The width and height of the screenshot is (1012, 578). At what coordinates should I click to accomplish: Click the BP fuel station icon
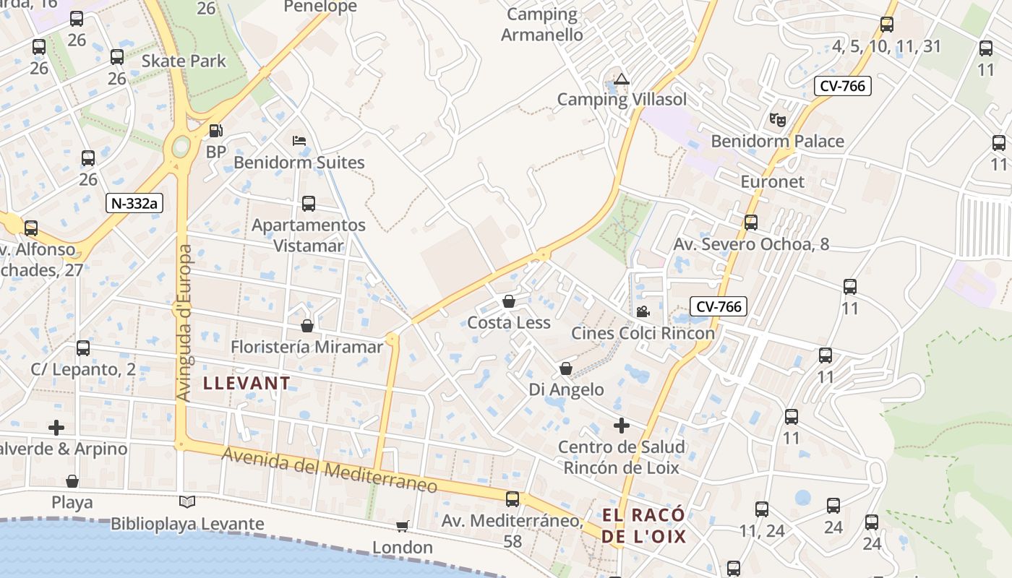pyautogui.click(x=215, y=131)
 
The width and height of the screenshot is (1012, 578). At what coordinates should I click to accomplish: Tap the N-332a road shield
pyautogui.click(x=134, y=203)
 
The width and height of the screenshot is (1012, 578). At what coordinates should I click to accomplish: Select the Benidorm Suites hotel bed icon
pyautogui.click(x=299, y=140)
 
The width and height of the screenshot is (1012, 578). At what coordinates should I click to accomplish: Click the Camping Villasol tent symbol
pyautogui.click(x=622, y=79)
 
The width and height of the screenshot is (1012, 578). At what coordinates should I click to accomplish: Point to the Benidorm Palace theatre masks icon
pyautogui.click(x=777, y=118)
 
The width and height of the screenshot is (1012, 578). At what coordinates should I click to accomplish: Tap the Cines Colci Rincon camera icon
pyautogui.click(x=642, y=311)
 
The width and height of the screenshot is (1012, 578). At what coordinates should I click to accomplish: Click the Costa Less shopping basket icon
pyautogui.click(x=509, y=301)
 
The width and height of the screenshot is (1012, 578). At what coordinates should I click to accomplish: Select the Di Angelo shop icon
pyautogui.click(x=566, y=369)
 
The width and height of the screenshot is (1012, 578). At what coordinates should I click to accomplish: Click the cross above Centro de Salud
pyautogui.click(x=621, y=426)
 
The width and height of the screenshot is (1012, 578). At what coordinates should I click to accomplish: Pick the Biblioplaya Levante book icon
pyautogui.click(x=187, y=501)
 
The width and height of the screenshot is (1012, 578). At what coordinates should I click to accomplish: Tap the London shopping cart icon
pyautogui.click(x=403, y=527)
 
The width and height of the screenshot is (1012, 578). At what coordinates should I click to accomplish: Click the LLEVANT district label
pyautogui.click(x=246, y=383)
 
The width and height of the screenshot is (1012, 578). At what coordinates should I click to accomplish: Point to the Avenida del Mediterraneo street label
pyautogui.click(x=330, y=470)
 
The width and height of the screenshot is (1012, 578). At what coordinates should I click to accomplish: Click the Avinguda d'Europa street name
pyautogui.click(x=184, y=323)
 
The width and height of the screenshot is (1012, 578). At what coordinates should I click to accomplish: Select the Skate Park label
pyautogui.click(x=184, y=61)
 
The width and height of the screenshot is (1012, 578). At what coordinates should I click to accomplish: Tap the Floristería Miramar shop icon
pyautogui.click(x=307, y=326)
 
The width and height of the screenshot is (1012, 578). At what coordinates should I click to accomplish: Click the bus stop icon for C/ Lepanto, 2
pyautogui.click(x=83, y=348)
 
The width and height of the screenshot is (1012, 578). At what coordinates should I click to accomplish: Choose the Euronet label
pyautogui.click(x=772, y=181)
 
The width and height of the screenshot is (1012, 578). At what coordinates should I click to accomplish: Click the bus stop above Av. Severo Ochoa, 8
pyautogui.click(x=751, y=223)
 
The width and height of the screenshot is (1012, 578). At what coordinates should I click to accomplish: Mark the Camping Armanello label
pyautogui.click(x=542, y=24)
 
